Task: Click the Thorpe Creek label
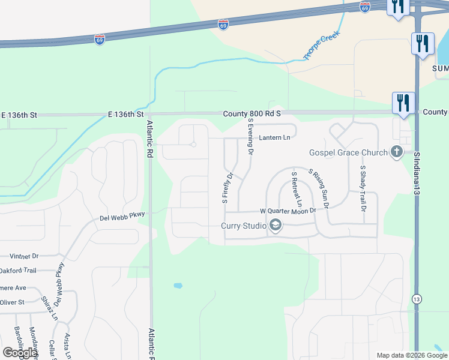[322, 45]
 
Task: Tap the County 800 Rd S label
[252, 113]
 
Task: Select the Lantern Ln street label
[274, 138]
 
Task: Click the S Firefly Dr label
[228, 188]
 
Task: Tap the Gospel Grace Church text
[349, 152]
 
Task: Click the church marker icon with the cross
[396, 152]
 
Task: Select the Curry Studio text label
[244, 226]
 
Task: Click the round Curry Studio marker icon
[276, 226]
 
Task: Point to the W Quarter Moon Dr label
[288, 211]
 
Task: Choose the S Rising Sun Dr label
[319, 188]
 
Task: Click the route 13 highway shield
[417, 298]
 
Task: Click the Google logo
[20, 353]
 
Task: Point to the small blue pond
[178, 286]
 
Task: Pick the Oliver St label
[12, 302]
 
